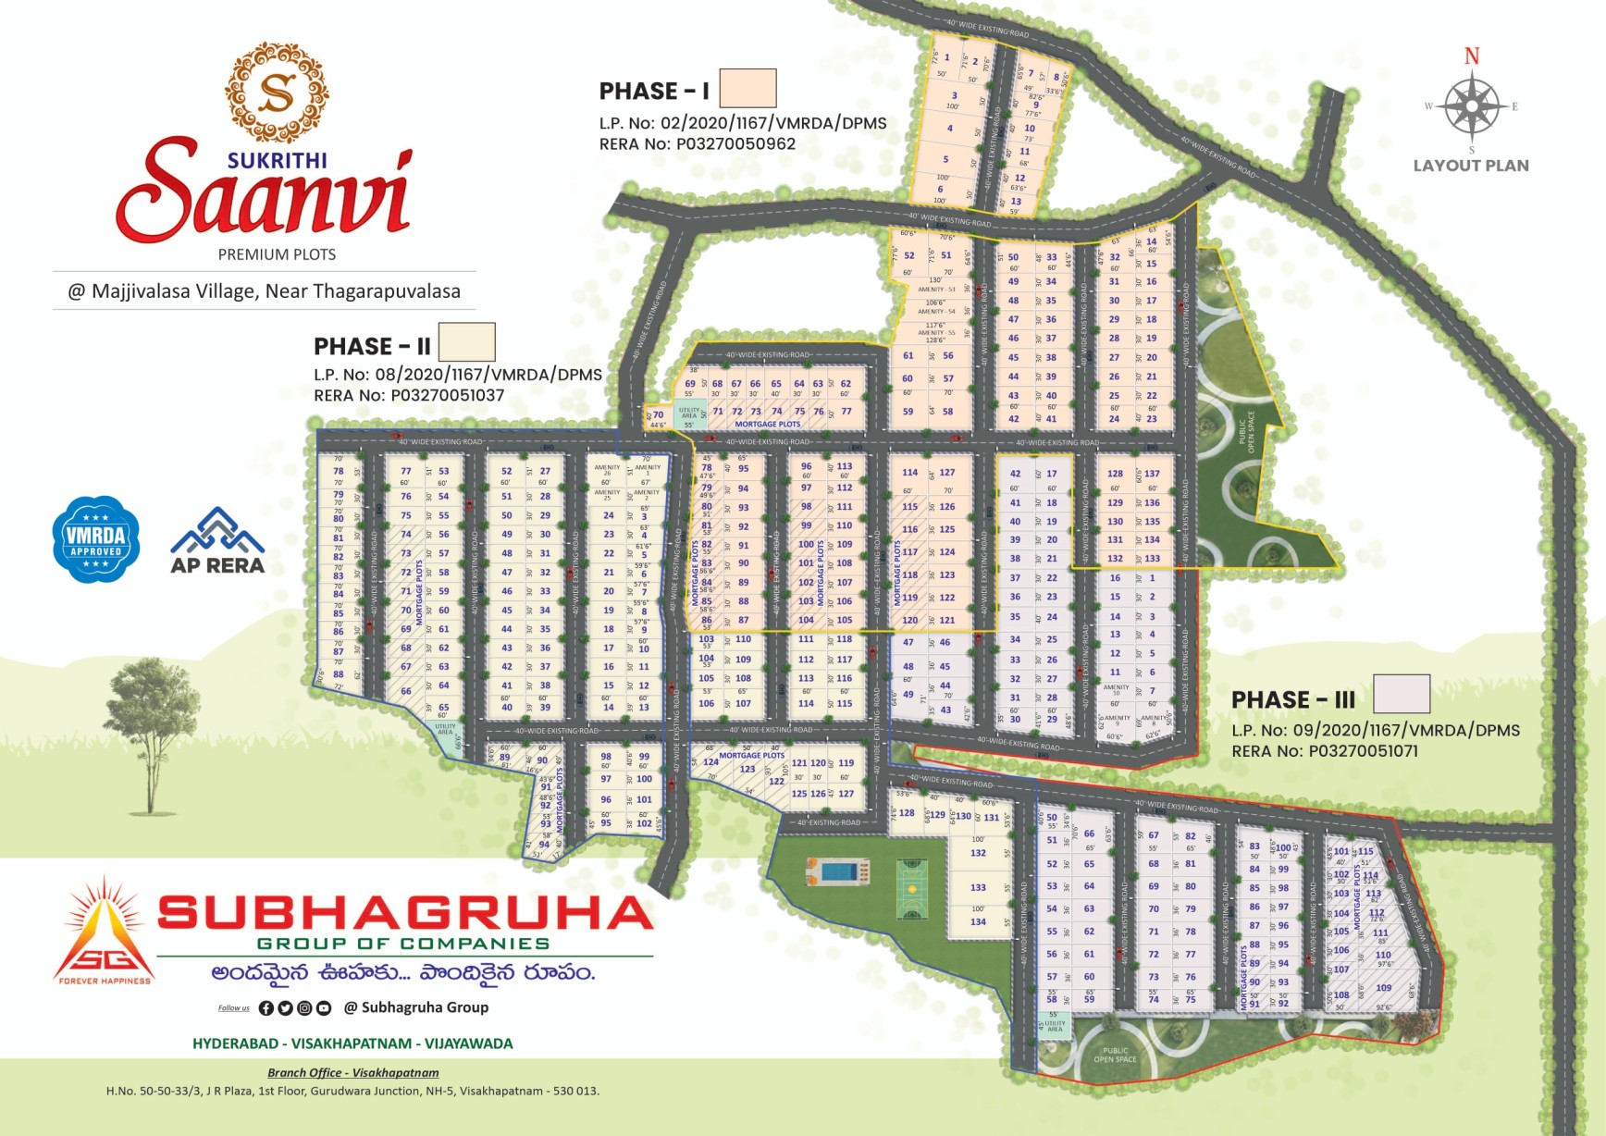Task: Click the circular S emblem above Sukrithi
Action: coord(277,93)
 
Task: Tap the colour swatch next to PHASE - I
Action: coord(747,89)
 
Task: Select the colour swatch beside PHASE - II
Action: coord(466,342)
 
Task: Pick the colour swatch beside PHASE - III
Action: coord(1402,694)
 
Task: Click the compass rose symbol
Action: coord(1472,106)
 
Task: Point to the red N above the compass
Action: coord(1472,56)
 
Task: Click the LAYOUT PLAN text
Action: coord(1471,166)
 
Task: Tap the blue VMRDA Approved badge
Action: coord(96,539)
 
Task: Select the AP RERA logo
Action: coord(217,541)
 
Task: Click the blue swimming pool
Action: coord(838,872)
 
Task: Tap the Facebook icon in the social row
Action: coord(266,1008)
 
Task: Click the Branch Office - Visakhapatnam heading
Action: coord(353,1073)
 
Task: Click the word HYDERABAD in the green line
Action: coord(235,1043)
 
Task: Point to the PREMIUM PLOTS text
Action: coord(277,254)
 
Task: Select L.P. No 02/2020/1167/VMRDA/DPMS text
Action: coord(743,123)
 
